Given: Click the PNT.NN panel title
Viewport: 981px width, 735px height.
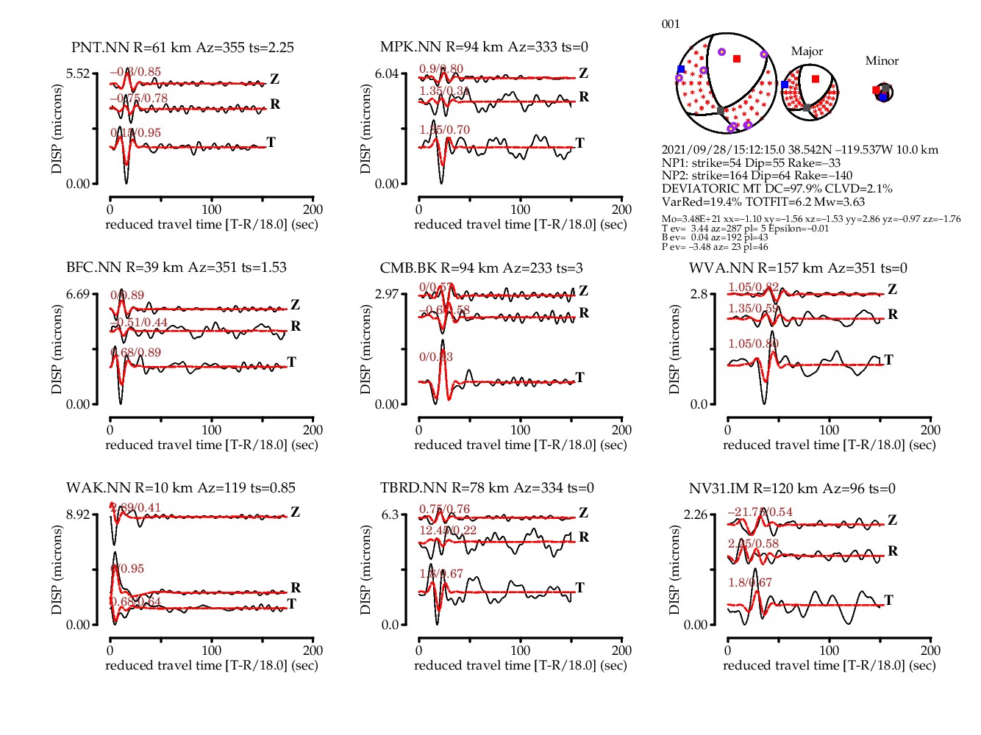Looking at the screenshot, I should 182,48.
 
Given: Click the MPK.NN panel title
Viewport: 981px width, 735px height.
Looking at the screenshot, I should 484,47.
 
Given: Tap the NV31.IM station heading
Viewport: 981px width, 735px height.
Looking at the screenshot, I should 792,489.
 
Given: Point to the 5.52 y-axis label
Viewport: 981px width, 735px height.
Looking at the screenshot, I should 78,73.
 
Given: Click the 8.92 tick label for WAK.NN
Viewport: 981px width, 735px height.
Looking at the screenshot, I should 78,514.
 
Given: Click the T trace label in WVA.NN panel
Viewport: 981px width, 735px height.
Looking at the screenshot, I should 888,360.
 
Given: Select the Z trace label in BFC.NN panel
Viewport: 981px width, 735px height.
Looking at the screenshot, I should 295,305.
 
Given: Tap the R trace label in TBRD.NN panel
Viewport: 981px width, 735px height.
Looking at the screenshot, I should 584,537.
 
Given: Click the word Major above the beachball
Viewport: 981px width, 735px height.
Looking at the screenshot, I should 807,51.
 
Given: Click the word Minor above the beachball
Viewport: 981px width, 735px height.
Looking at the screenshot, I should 882,61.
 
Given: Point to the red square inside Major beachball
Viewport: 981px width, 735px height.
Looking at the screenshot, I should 815,79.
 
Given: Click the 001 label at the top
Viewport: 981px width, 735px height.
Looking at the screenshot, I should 671,24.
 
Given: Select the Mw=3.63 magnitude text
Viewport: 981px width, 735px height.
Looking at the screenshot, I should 839,202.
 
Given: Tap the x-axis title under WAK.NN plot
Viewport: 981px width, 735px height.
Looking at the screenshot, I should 212,665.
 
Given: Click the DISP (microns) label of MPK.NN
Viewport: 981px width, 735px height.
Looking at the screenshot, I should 365,129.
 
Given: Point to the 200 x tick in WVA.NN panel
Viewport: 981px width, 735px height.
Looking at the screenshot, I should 930,430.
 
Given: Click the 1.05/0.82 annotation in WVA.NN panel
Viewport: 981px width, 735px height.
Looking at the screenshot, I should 753,287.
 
